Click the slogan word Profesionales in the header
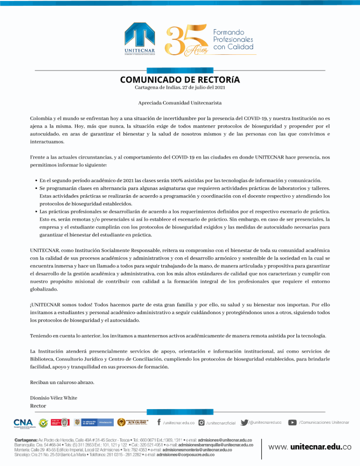pyautogui.click(x=233, y=39)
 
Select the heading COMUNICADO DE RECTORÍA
pyautogui.click(x=180, y=80)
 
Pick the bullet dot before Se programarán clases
pyautogui.click(x=35, y=188)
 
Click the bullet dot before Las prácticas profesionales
pyautogui.click(x=35, y=212)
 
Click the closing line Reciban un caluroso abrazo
pyautogui.click(x=62, y=383)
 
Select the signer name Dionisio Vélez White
pyautogui.click(x=54, y=398)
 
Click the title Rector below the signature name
pyautogui.click(x=38, y=405)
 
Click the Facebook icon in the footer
pyautogui.click(x=159, y=422)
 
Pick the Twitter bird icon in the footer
pyautogui.click(x=244, y=422)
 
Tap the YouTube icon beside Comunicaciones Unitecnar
pyautogui.click(x=293, y=422)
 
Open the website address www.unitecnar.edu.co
pyautogui.click(x=310, y=447)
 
